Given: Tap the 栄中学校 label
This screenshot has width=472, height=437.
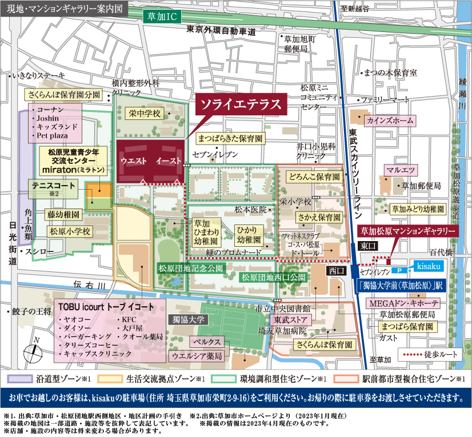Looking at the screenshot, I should coord(145,113).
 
